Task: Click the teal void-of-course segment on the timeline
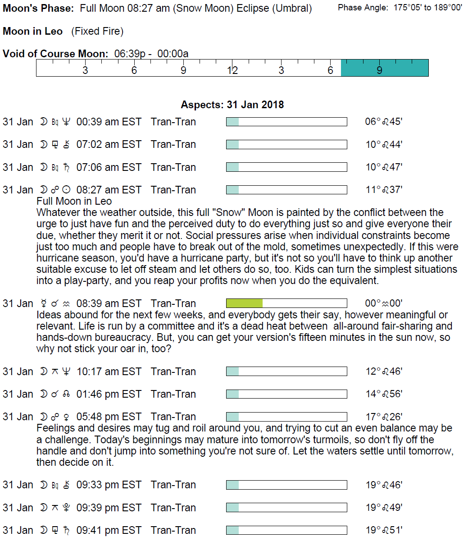tap(384, 68)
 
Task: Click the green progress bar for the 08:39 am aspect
tap(244, 303)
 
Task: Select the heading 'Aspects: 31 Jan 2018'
tap(232, 105)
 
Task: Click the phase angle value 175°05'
tap(407, 8)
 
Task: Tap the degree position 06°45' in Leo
tap(383, 122)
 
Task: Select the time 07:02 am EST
tap(109, 144)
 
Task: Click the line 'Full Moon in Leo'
tap(74, 201)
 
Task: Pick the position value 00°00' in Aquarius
tap(383, 303)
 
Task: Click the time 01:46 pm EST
tap(109, 394)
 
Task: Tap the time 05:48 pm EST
tap(109, 417)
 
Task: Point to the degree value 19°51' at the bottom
tap(384, 530)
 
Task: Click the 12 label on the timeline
tap(232, 70)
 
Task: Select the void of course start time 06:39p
tap(129, 54)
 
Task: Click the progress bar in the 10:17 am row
tap(286, 372)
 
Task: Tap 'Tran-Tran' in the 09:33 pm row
tap(173, 485)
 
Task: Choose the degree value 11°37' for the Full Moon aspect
tap(384, 190)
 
